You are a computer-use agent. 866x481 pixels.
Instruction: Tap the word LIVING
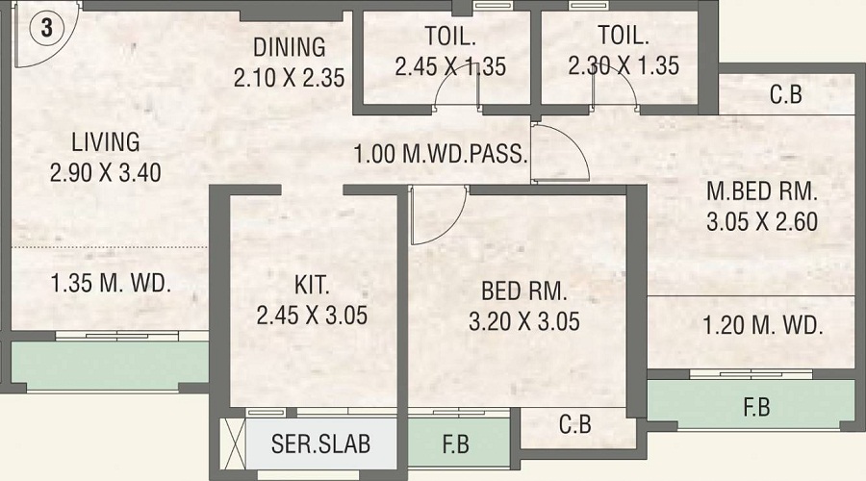pyautogui.click(x=105, y=142)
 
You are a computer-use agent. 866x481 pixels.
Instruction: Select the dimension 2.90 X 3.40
pyautogui.click(x=106, y=173)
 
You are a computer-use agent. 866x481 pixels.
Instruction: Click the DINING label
pyautogui.click(x=289, y=46)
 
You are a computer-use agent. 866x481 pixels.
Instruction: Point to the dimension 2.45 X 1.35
pyautogui.click(x=450, y=67)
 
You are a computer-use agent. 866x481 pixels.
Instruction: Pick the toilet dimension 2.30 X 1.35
pyautogui.click(x=623, y=66)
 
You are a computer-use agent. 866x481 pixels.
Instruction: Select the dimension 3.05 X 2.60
pyautogui.click(x=761, y=220)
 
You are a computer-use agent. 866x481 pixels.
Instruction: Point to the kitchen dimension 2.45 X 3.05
pyautogui.click(x=312, y=316)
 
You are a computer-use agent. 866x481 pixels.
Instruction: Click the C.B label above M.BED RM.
pyautogui.click(x=786, y=95)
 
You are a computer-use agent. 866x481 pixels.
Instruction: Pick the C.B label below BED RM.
pyautogui.click(x=574, y=424)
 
